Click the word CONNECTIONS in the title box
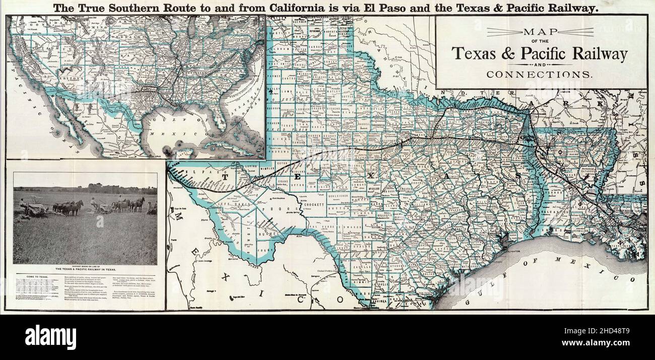click(x=539, y=74)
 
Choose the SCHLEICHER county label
click(x=341, y=194)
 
